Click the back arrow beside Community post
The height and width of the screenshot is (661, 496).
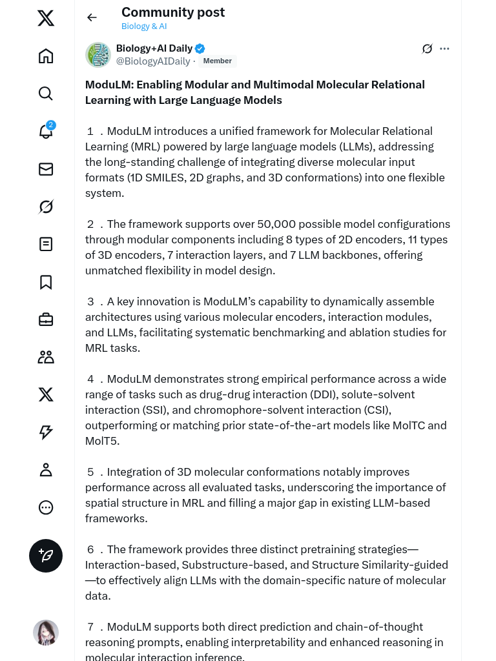[92, 17]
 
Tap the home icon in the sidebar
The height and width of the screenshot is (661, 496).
[46, 56]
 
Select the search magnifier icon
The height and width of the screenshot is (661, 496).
[46, 94]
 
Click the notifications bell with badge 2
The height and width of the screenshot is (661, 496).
[46, 131]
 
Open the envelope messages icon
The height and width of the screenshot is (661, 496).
[46, 169]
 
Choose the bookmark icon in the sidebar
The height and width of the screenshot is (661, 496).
[46, 282]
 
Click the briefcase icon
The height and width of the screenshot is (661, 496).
[46, 320]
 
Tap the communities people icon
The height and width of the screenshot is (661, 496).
[46, 357]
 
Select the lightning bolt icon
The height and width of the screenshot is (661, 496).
[46, 432]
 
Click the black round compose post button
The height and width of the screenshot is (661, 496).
[46, 556]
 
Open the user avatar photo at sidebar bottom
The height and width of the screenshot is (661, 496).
[46, 633]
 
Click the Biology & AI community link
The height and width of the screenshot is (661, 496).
[144, 26]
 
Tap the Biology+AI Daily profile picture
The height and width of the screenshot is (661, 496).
[98, 55]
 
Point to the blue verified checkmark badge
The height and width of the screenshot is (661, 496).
[200, 48]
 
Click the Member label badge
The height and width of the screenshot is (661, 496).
[218, 61]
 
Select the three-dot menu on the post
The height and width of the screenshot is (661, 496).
[444, 48]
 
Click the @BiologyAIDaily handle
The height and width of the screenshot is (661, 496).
[153, 61]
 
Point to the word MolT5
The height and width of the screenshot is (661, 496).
[102, 441]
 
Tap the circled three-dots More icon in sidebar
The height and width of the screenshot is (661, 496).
[46, 507]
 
